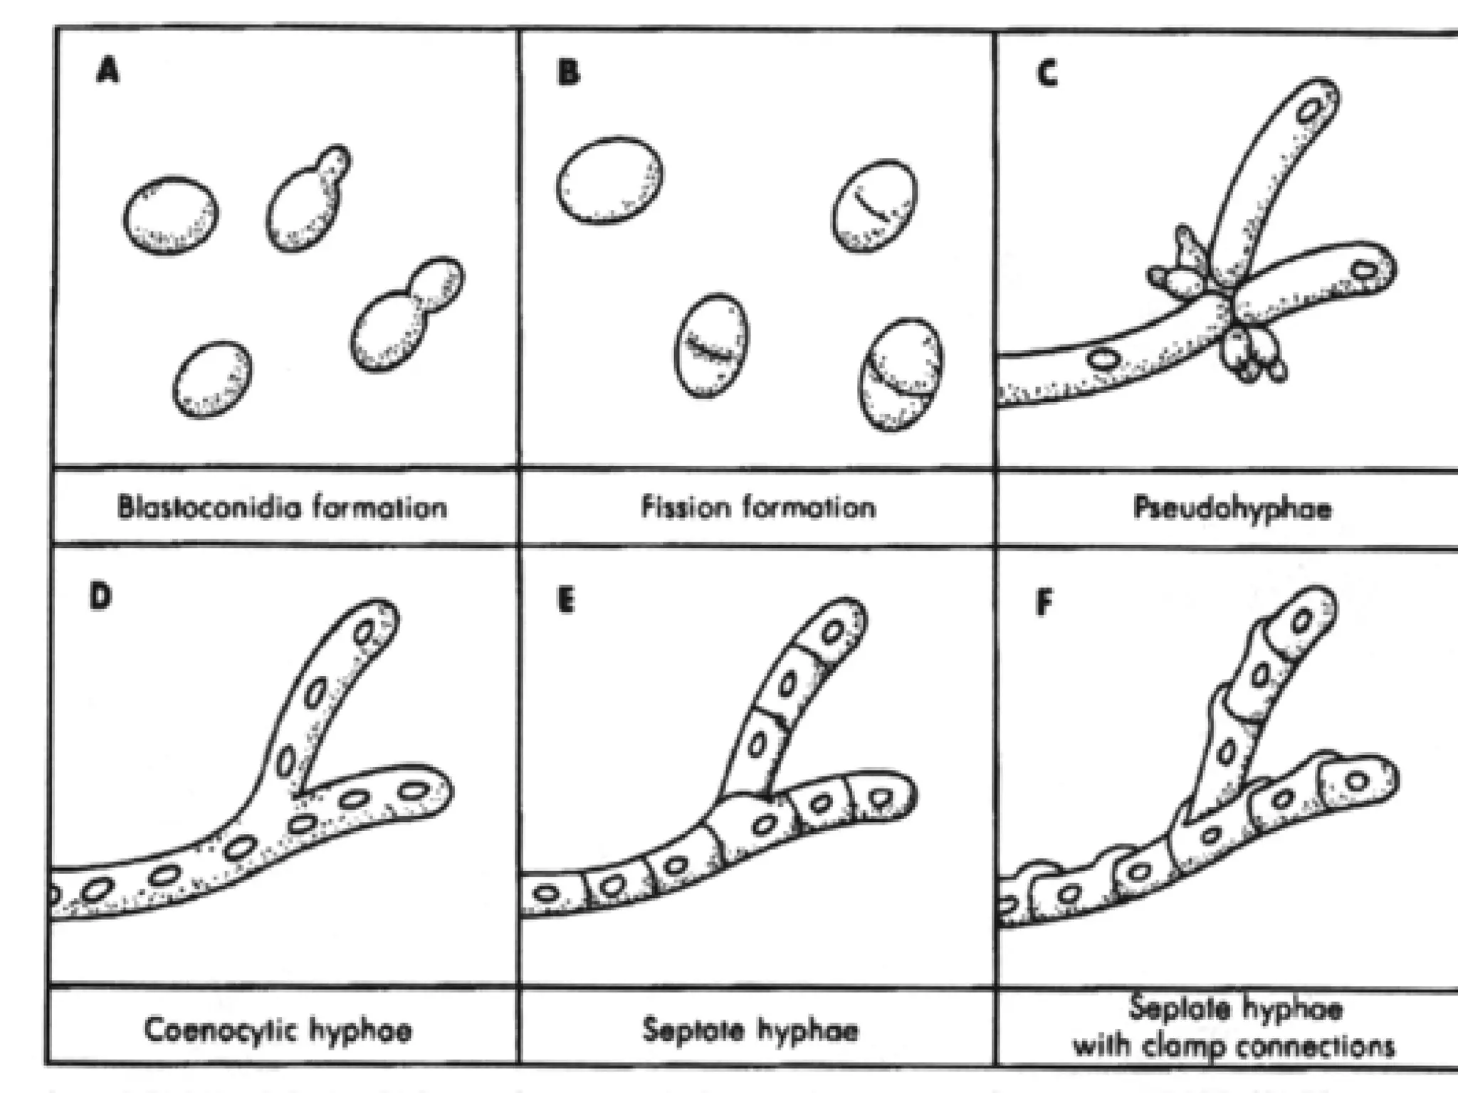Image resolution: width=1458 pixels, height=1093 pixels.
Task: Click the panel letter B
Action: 568,73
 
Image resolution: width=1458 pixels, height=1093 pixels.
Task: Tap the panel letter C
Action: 1046,73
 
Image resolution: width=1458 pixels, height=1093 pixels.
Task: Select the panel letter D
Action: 100,596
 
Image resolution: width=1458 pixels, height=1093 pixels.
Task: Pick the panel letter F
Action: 1044,603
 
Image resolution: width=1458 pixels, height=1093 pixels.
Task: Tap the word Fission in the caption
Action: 686,507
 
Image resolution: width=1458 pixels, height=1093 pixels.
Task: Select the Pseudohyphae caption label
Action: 1232,509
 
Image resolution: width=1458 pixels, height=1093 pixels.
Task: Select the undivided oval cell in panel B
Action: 609,180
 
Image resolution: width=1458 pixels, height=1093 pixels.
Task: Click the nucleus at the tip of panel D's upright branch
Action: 366,632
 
